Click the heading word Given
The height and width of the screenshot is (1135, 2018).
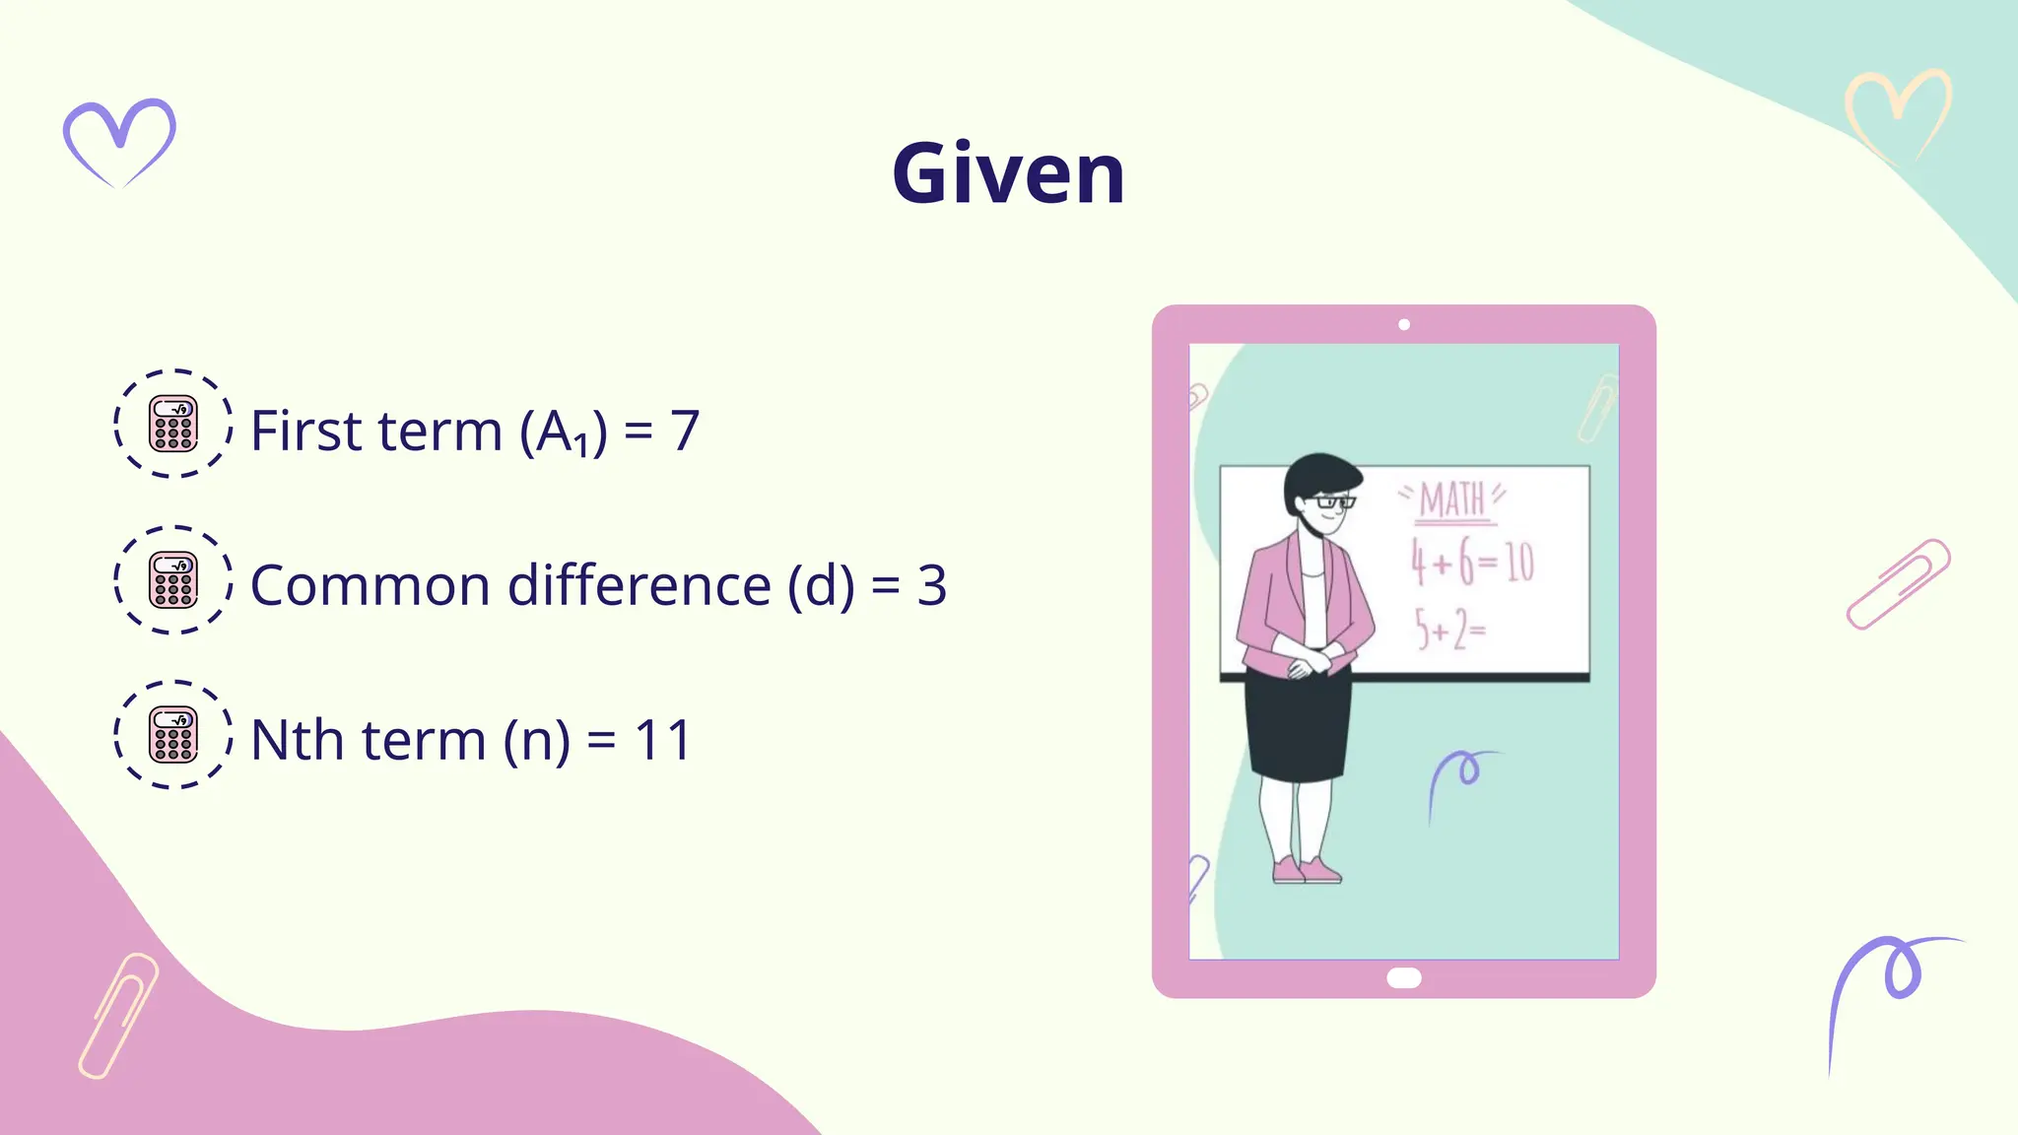1008,174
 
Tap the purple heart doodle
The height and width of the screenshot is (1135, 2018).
119,140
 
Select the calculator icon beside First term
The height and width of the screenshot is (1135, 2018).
173,424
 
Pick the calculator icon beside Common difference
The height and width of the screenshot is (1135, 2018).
173,579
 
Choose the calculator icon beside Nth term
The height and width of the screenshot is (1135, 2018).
173,734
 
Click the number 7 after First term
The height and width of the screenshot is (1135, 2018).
685,431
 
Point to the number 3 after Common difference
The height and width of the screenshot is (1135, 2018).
931,585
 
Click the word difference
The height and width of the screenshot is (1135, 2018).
639,585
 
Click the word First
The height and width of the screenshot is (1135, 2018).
306,431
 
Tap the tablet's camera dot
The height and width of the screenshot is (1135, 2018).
1404,324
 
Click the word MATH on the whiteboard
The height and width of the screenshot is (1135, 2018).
1451,500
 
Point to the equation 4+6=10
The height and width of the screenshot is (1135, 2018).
1472,562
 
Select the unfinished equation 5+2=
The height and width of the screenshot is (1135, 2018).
1449,629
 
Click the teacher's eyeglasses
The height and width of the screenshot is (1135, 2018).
1334,502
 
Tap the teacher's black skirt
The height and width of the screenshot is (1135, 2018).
1299,724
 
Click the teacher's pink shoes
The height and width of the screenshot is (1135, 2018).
1307,870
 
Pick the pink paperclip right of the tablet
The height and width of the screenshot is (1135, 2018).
1898,583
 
